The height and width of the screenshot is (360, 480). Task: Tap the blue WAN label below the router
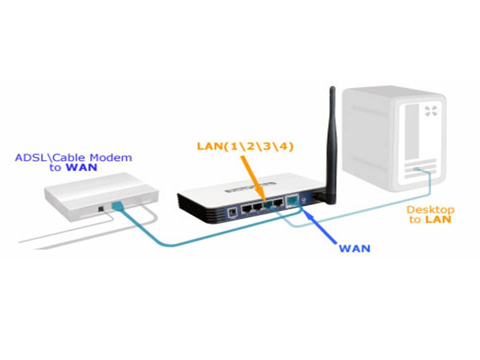[354, 248]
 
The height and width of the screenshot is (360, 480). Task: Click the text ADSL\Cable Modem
[73, 157]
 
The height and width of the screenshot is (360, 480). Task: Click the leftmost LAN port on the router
[247, 207]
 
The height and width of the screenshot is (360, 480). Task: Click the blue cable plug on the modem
[116, 206]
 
